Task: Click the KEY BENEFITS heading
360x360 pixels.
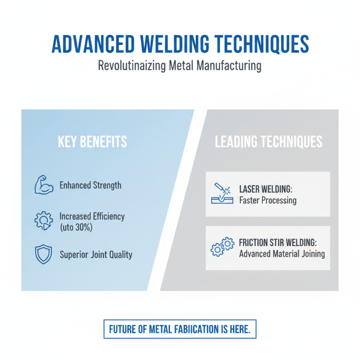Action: coord(92,142)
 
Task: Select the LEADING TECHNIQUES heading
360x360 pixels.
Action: coord(269,142)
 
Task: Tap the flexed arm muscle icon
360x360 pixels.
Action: coord(44,185)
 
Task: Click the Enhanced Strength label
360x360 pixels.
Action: coord(90,185)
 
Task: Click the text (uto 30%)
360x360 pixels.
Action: coord(76,228)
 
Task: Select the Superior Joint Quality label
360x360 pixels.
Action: coord(96,255)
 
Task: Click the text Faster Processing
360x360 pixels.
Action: coord(268,200)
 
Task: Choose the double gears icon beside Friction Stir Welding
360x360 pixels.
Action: coord(222,247)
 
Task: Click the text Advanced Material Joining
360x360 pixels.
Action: coord(282,254)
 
